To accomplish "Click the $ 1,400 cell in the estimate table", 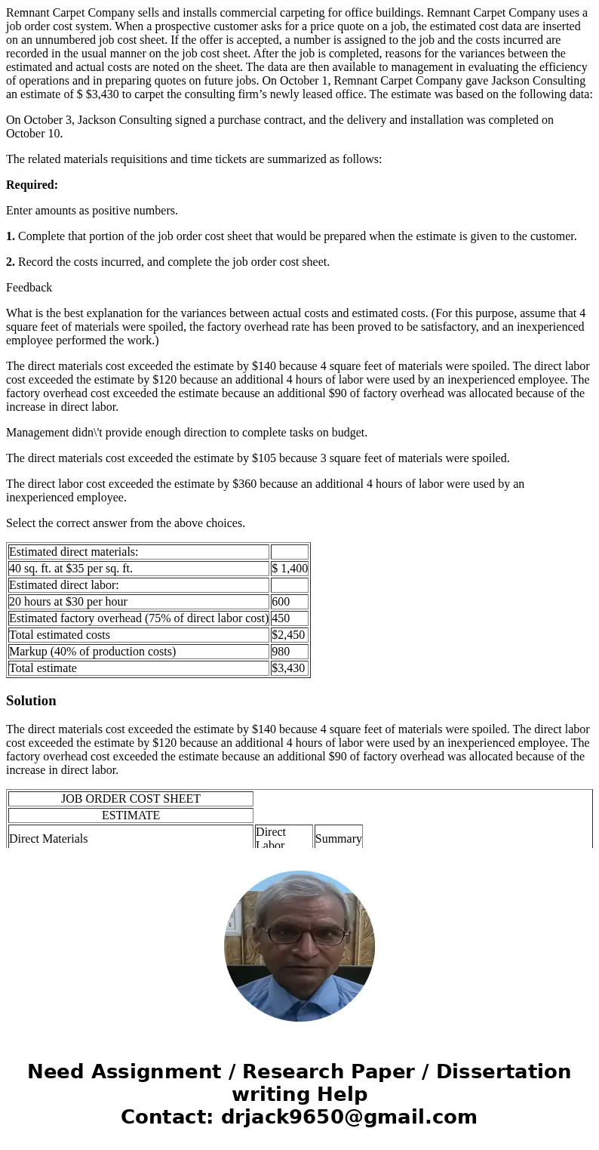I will point(290,569).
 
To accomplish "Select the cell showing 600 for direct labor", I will point(290,602).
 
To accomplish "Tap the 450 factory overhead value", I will point(290,618).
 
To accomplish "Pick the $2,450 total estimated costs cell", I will point(290,635).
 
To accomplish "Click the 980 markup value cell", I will point(290,652).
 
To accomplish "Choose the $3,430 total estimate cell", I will point(290,668).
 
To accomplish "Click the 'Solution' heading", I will point(31,701).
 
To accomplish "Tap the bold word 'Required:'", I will point(32,185).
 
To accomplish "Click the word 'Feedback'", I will point(29,288).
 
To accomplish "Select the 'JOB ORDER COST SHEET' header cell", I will point(131,799).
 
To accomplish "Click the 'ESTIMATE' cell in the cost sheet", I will point(131,815).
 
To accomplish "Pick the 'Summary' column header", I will point(338,838).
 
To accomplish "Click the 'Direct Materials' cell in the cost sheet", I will point(48,839).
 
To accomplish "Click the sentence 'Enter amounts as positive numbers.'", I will point(92,211).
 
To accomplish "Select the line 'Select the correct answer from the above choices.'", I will point(125,523).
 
